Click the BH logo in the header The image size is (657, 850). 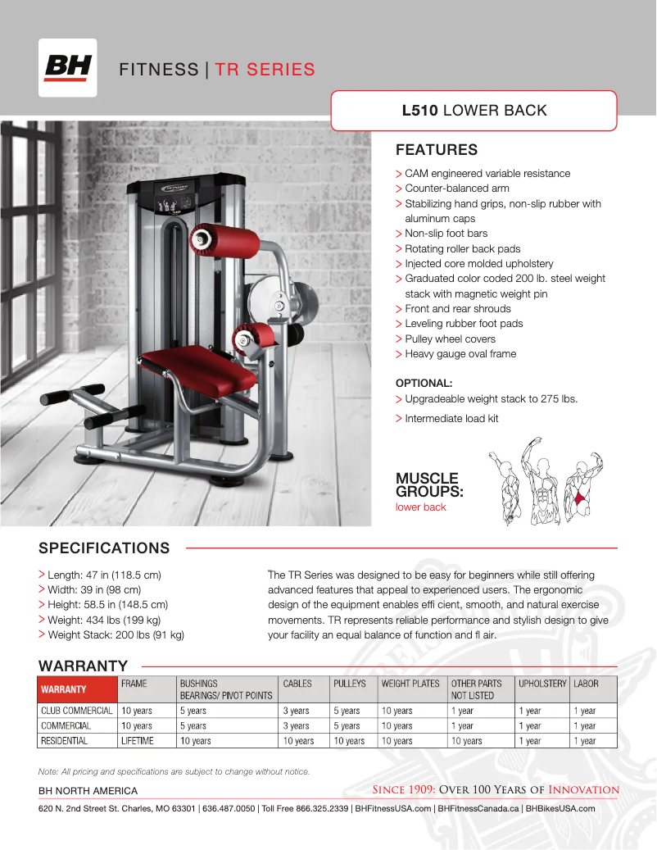(68, 67)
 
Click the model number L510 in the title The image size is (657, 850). (419, 110)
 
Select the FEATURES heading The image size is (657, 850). (436, 150)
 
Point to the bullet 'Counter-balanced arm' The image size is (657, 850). (457, 189)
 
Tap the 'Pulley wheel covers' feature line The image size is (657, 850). (450, 339)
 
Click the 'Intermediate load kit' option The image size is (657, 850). (451, 418)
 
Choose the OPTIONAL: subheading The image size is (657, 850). (424, 383)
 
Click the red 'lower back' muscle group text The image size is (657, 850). (420, 507)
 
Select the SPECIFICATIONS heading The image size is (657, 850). (104, 548)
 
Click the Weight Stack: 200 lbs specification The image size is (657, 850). (116, 634)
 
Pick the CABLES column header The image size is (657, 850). (297, 683)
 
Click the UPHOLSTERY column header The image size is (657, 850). (542, 683)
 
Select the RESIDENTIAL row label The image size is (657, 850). (65, 740)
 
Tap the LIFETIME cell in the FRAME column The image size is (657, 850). (137, 740)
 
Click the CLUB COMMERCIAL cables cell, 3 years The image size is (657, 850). (296, 711)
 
